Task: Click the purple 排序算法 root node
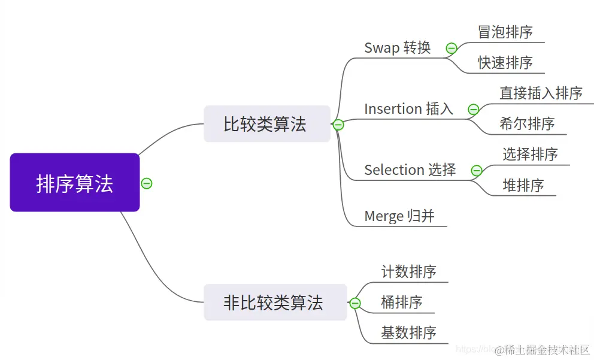click(75, 183)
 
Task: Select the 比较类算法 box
click(266, 124)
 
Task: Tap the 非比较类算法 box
click(275, 302)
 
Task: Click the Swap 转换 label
click(398, 48)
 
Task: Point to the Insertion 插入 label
click(408, 109)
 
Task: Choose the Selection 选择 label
click(410, 170)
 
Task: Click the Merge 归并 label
click(399, 216)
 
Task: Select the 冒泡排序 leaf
click(505, 32)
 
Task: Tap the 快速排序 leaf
click(505, 62)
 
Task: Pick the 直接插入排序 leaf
click(541, 93)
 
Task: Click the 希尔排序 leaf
click(527, 124)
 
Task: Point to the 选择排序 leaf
click(530, 155)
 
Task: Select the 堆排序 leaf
click(523, 186)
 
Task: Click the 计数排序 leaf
click(409, 272)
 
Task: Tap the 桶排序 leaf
click(402, 302)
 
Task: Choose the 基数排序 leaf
click(409, 333)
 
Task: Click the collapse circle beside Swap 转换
click(451, 49)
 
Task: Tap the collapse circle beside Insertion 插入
click(473, 110)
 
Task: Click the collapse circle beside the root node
click(147, 183)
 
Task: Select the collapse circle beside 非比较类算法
click(355, 304)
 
